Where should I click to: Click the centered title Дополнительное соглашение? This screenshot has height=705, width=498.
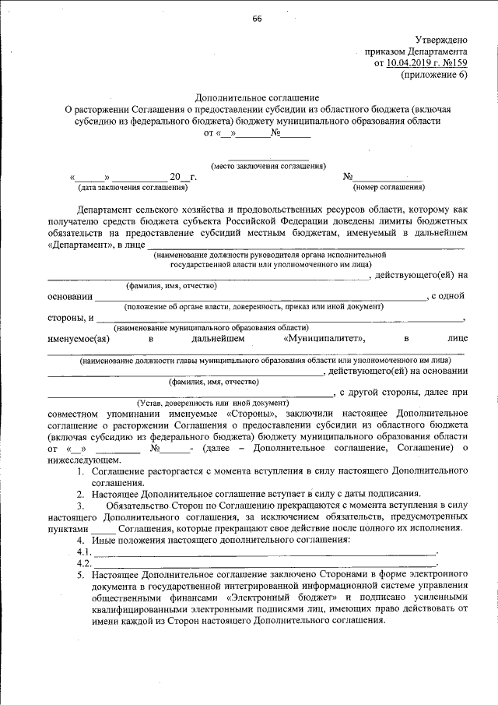(x=257, y=98)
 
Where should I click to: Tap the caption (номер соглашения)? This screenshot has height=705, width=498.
(x=388, y=188)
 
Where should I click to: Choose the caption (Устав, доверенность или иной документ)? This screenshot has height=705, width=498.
(x=212, y=402)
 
